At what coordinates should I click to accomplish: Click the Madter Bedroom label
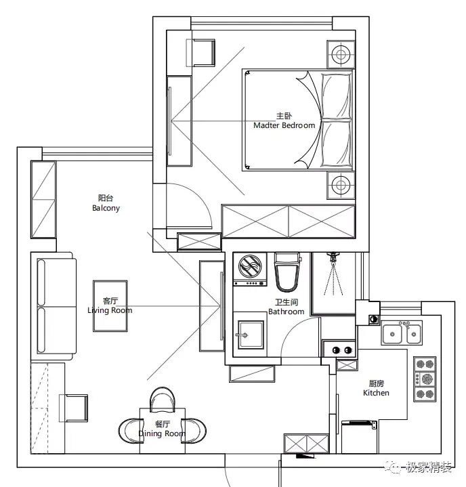(x=284, y=125)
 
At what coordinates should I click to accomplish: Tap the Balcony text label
(x=106, y=208)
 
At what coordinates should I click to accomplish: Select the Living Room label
(x=110, y=310)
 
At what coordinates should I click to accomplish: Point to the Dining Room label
(x=162, y=433)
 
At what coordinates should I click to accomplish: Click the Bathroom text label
(x=286, y=312)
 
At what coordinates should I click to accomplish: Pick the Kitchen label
(x=376, y=393)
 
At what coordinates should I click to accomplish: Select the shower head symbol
(x=333, y=258)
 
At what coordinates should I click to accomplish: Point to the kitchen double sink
(x=402, y=333)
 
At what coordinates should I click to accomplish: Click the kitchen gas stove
(x=425, y=379)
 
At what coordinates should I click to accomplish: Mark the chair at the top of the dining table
(x=163, y=399)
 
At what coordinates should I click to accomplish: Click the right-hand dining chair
(x=195, y=429)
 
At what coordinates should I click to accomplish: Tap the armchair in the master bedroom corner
(x=200, y=52)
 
